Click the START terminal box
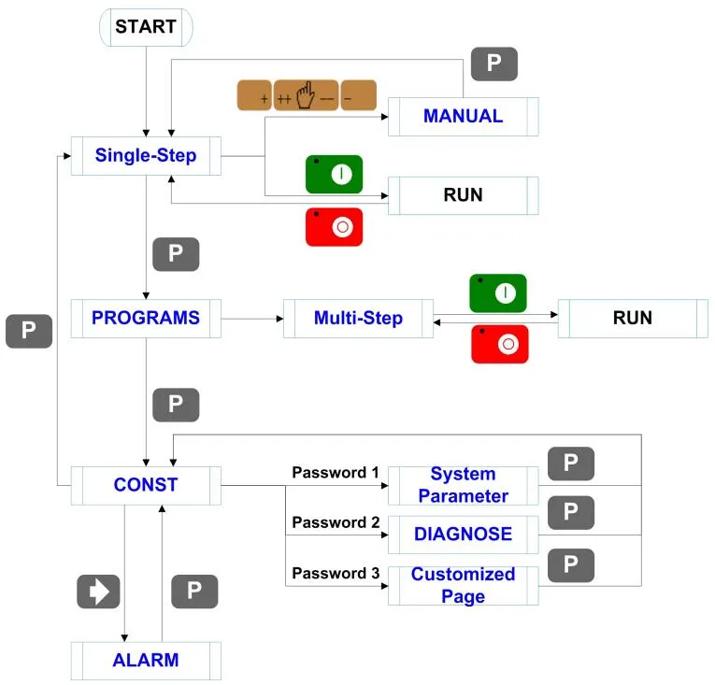(146, 27)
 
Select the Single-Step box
(146, 156)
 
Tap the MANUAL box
(463, 117)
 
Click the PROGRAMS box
(146, 318)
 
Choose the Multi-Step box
(358, 319)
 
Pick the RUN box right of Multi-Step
(632, 319)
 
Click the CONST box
(146, 485)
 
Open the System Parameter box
(463, 485)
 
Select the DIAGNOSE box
(463, 535)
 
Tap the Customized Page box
(463, 585)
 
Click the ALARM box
(146, 661)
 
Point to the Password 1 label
(329, 472)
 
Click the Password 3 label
(329, 573)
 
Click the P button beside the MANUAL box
(493, 64)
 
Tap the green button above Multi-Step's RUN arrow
(498, 293)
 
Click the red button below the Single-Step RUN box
(334, 227)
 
